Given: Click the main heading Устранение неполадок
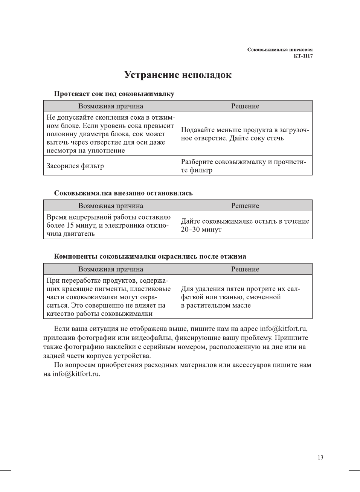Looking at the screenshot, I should click(178, 75).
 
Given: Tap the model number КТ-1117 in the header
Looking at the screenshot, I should click(303, 56).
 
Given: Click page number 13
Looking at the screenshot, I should click(320, 457).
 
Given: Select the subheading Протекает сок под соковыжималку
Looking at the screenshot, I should click(114, 94).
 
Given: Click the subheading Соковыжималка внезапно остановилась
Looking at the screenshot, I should click(123, 193).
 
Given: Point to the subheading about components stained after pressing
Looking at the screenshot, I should click(150, 256).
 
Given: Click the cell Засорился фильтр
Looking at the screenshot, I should click(75, 166).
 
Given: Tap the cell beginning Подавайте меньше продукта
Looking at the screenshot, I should click(245, 134).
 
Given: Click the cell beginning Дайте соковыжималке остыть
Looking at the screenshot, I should click(245, 225).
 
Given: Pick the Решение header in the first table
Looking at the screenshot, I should click(245, 106).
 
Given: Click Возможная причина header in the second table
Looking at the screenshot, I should click(111, 206).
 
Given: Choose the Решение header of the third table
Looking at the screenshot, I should click(245, 269).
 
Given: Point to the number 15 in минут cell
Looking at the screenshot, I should click(70, 225).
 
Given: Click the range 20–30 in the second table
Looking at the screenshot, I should click(191, 230).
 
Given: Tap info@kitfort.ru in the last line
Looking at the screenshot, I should click(76, 374).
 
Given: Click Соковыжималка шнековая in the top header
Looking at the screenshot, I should click(280, 50).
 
